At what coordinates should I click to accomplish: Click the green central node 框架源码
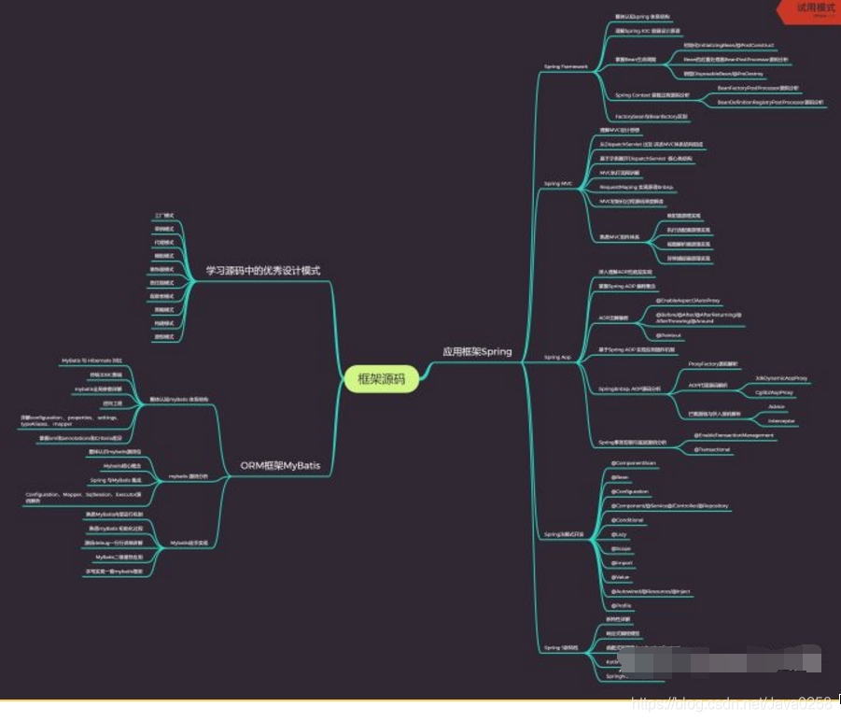point(382,378)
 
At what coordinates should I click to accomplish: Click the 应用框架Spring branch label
point(476,352)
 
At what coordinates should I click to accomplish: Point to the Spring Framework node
point(566,67)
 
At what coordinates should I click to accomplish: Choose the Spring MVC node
point(558,184)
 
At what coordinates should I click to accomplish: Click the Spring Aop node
point(557,358)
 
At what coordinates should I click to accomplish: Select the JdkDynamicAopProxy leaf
point(780,378)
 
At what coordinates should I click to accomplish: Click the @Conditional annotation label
point(627,519)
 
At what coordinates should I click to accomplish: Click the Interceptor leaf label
point(781,421)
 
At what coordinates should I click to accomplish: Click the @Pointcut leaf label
point(668,334)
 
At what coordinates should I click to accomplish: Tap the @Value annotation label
point(621,577)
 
